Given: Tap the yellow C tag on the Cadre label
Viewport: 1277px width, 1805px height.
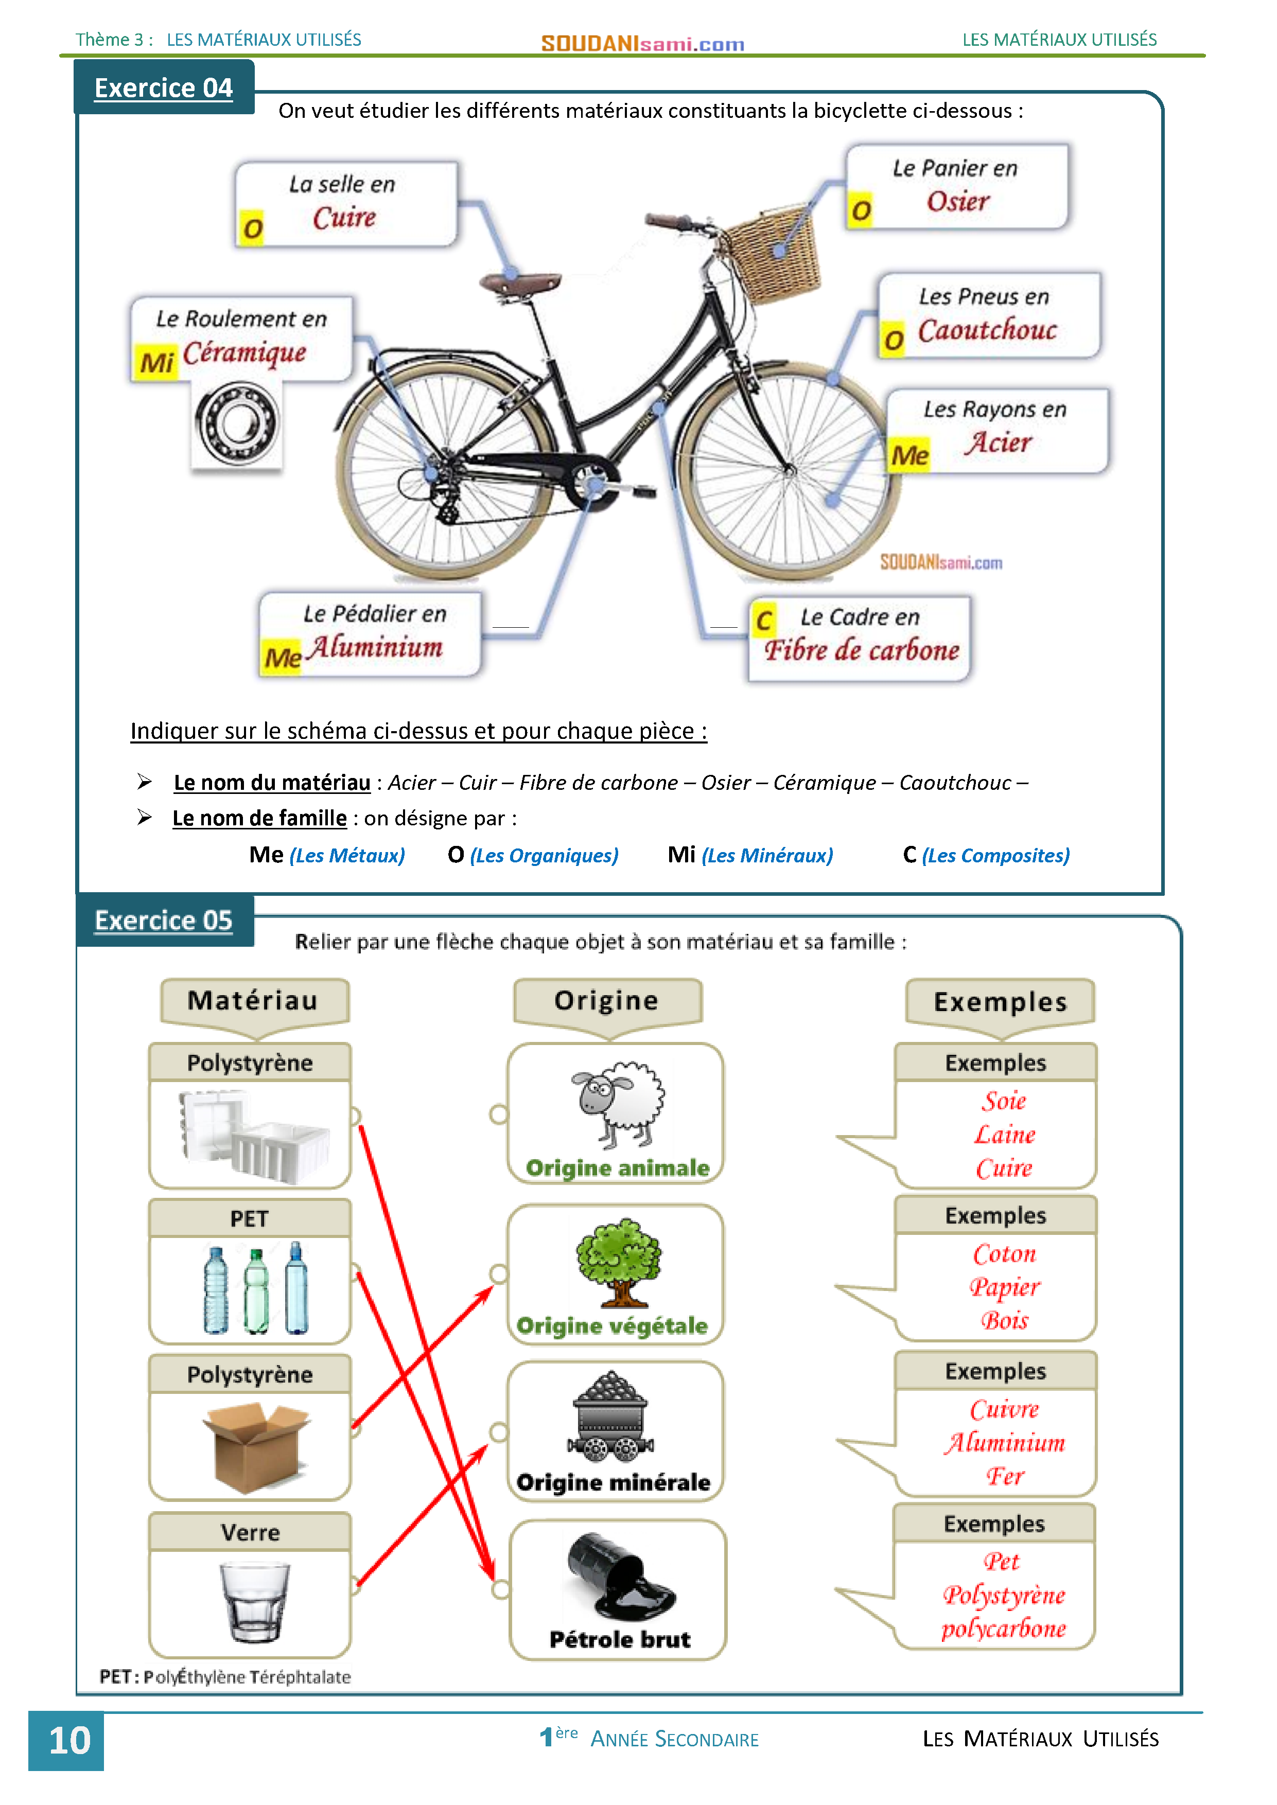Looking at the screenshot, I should coord(763,620).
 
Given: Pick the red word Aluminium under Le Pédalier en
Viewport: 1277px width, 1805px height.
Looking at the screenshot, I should coord(375,647).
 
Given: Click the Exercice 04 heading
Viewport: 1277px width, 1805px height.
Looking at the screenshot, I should coord(164,87).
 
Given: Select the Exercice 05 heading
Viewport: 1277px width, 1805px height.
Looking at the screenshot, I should coord(164,920).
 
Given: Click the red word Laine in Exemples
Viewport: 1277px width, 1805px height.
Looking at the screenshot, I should coord(1004,1135).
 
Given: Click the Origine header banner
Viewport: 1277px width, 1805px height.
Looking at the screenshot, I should coord(607,1001).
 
